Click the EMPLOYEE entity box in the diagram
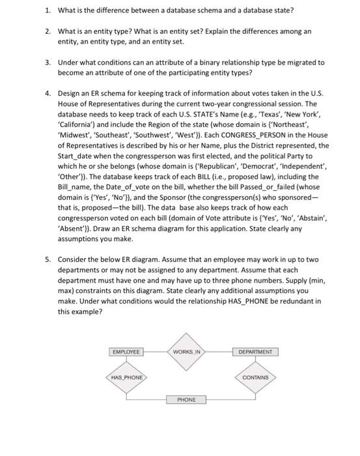[x=127, y=352]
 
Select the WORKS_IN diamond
[x=189, y=352]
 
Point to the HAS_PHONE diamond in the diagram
[x=127, y=377]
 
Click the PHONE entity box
[x=186, y=399]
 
